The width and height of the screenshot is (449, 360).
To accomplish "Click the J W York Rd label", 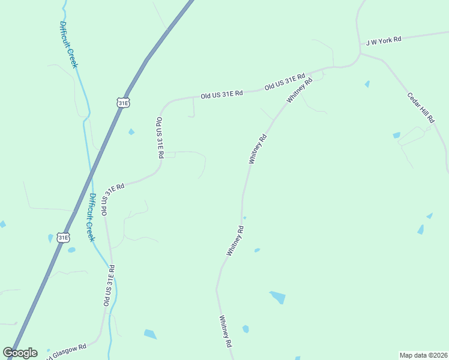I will (x=383, y=41).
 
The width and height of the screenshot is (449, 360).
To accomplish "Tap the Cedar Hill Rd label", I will (x=420, y=108).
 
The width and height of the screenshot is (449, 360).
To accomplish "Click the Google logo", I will (x=20, y=353).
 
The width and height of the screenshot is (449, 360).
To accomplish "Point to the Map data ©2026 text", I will (x=423, y=355).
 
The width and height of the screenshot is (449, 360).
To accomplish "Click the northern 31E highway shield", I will (x=123, y=103).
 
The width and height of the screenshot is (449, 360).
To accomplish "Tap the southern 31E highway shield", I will (x=63, y=238).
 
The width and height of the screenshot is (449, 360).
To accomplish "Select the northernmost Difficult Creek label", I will (x=68, y=45).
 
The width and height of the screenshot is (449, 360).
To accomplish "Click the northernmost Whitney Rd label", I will (x=300, y=90).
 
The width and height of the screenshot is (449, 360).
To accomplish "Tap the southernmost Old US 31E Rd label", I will (x=109, y=286).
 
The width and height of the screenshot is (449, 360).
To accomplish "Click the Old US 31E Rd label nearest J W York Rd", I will (x=285, y=82).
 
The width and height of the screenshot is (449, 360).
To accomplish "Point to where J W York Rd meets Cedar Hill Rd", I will (x=360, y=53).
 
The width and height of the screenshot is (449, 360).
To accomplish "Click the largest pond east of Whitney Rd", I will (x=277, y=297).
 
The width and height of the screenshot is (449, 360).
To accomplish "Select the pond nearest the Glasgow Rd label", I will (x=150, y=334).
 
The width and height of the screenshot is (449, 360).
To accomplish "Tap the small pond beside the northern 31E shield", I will (x=131, y=132).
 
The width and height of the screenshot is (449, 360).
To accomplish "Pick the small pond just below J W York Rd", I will (x=367, y=84).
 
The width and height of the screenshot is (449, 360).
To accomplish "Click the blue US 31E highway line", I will (x=90, y=180).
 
